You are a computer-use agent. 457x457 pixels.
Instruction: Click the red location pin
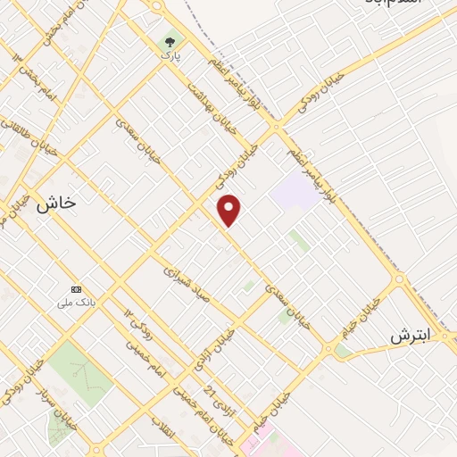[229, 210]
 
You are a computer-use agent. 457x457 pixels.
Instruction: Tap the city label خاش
[56, 204]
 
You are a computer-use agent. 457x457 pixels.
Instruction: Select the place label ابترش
[410, 336]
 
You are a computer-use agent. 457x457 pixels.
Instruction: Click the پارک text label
[170, 55]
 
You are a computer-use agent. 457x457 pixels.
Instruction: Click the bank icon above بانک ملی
[76, 290]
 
